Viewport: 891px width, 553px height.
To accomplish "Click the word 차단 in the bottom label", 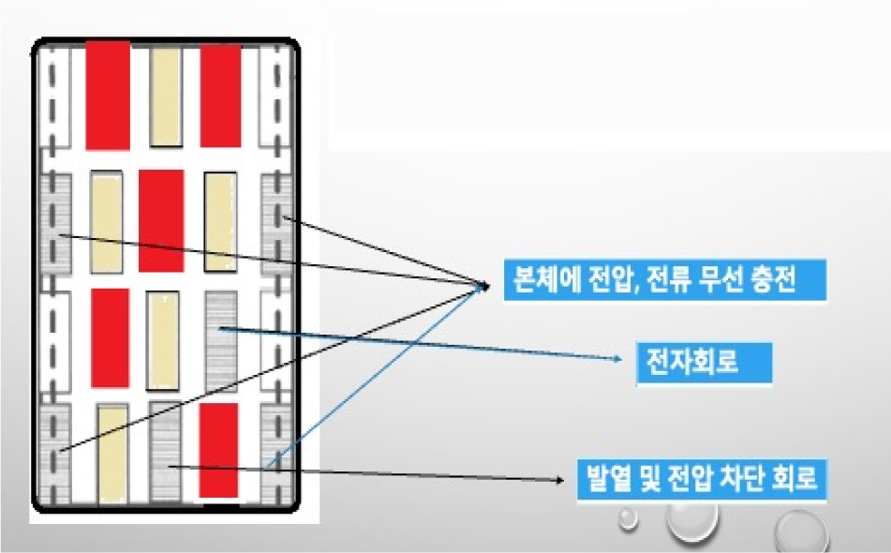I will (x=737, y=480).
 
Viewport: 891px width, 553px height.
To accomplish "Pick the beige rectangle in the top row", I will (x=165, y=97).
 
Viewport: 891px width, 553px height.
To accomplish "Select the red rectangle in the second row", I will (x=161, y=220).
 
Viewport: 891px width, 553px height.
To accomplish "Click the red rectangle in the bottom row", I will (x=219, y=450).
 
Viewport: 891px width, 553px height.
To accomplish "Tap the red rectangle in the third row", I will (x=110, y=337).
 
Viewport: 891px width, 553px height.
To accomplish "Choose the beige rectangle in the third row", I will (x=164, y=340).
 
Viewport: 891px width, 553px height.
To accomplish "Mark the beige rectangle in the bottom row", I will (x=112, y=450).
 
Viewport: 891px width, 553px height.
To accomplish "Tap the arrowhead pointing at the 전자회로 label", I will (x=616, y=359).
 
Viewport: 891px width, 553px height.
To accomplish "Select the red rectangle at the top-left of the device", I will (x=108, y=96).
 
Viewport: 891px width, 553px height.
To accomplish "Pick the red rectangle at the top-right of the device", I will (x=221, y=95).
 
